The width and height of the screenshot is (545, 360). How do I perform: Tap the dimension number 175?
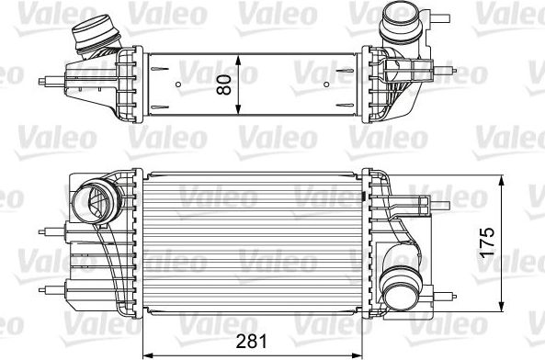tap(489, 242)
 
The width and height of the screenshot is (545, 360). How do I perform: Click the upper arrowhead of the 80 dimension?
tap(239, 58)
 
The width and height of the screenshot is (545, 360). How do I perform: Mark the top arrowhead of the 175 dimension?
tap(502, 177)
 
